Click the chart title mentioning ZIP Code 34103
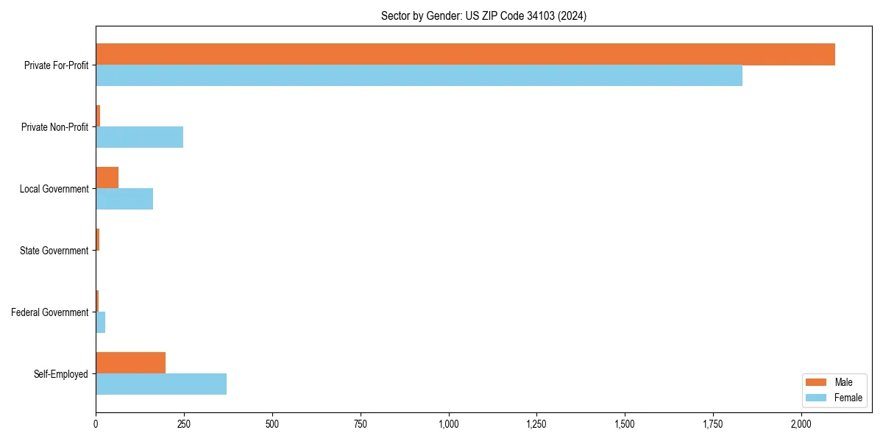point(483,15)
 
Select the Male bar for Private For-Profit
point(465,54)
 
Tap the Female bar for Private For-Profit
point(419,76)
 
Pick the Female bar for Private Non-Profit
point(139,137)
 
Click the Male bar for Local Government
point(107,178)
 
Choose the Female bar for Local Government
point(124,199)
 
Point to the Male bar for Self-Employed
point(130,363)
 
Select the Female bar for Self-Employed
point(161,384)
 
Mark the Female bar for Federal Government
point(101,323)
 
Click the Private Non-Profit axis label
point(54,127)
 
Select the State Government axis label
point(54,251)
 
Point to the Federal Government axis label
point(49,312)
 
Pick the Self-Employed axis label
point(60,374)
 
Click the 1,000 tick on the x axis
point(448,425)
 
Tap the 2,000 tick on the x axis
point(801,425)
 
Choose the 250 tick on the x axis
point(184,425)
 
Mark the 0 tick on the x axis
point(96,425)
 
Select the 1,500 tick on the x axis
point(625,425)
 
